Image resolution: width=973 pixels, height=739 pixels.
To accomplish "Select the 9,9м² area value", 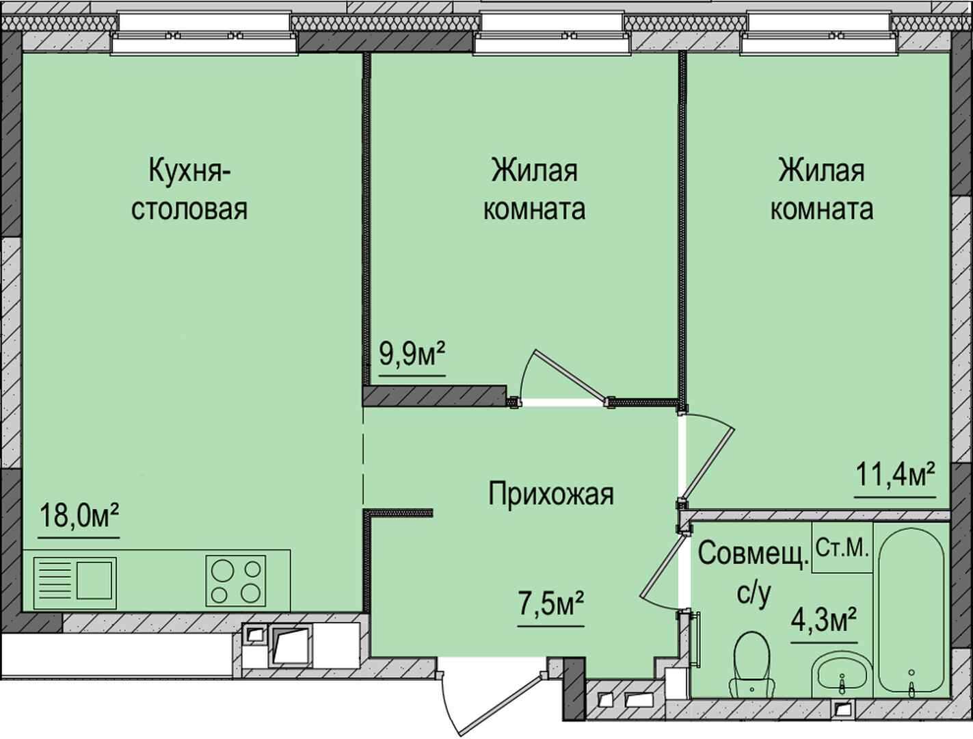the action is point(412,354).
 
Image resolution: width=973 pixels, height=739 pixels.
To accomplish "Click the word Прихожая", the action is point(551,494).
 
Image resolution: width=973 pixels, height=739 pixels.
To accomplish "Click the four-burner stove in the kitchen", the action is point(235,581).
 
